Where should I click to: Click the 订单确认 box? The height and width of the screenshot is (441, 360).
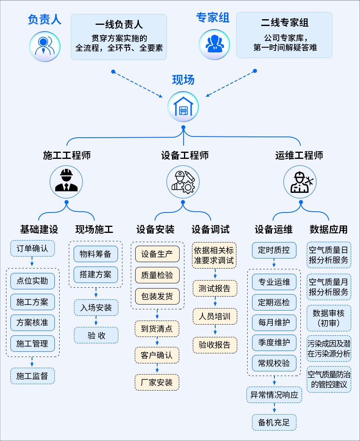[32, 249]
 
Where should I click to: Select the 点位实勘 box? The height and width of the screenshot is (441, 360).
[32, 281]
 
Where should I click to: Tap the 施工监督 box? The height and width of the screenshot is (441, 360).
[32, 376]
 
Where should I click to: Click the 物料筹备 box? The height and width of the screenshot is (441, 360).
[96, 254]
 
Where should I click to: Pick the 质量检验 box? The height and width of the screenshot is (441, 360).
[157, 275]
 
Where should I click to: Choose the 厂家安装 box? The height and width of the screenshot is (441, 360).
[157, 382]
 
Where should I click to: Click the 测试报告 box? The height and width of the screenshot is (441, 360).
[215, 288]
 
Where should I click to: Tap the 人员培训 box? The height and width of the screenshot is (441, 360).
[215, 317]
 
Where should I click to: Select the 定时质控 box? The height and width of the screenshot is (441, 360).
[274, 251]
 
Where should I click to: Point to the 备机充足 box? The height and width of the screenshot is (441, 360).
[274, 422]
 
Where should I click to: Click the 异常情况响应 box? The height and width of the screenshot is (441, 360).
[274, 395]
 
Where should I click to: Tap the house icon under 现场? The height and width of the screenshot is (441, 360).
[183, 107]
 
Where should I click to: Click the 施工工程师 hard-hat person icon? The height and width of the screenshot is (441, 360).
[66, 182]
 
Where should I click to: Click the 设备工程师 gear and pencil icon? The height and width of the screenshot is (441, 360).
[183, 182]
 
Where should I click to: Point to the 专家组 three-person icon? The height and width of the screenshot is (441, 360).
[215, 45]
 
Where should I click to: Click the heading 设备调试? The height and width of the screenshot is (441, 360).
[210, 229]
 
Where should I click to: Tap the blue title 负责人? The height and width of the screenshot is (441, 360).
[44, 19]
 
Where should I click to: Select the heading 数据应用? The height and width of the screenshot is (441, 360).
[328, 229]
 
